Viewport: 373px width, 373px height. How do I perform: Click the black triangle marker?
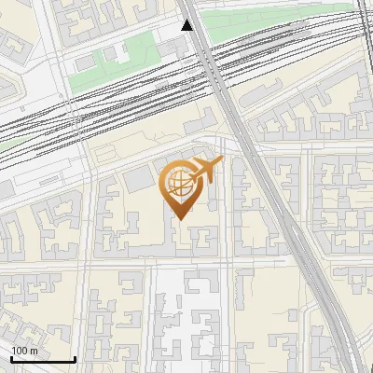click(187, 25)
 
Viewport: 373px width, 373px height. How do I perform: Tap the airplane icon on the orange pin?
click(205, 171)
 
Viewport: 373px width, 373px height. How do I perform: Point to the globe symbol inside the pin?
click(179, 183)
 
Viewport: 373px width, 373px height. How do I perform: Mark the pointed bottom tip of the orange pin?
click(180, 218)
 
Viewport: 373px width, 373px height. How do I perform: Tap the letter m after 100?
click(34, 351)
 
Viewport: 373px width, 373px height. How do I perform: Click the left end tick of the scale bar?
click(11, 357)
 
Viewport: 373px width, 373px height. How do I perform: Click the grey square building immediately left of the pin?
click(140, 178)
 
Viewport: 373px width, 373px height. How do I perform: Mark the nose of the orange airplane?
click(221, 162)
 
